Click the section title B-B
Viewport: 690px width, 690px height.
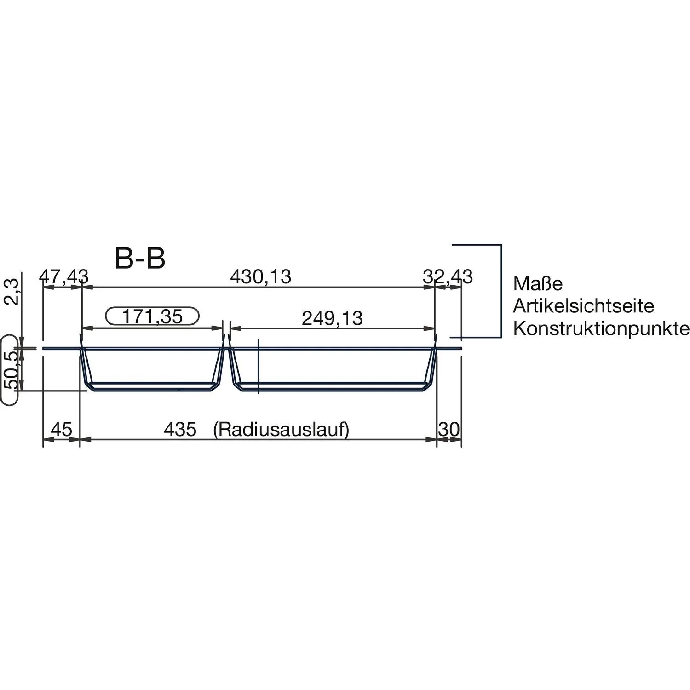tap(140, 259)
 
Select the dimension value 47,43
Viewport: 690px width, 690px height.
tap(64, 277)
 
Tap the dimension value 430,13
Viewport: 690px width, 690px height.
tap(261, 277)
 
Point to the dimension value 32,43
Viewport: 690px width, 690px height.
tap(448, 277)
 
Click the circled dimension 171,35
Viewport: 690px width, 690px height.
tap(152, 316)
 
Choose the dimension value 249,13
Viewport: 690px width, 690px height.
tap(332, 318)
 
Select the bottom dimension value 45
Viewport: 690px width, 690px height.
tap(62, 430)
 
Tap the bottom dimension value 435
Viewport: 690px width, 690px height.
tap(180, 430)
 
